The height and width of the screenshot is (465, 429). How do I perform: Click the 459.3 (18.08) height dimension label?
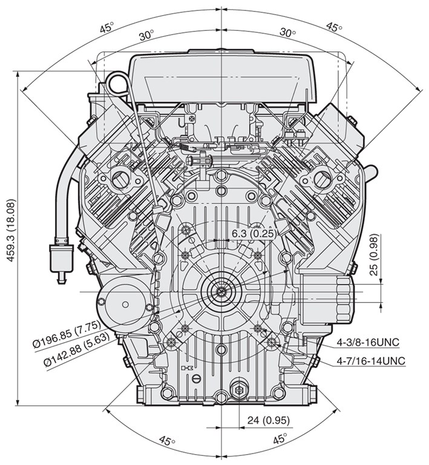(11, 230)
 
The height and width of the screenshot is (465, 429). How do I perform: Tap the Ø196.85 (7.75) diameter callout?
(67, 334)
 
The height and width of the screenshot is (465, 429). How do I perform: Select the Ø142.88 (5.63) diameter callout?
(76, 349)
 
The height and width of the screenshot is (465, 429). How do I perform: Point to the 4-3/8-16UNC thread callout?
(368, 342)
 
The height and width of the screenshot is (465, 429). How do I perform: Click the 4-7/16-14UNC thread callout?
(371, 361)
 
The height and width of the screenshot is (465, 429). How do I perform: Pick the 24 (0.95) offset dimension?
(269, 420)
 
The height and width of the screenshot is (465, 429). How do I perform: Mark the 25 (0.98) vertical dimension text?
(375, 255)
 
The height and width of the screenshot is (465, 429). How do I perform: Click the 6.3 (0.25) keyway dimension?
(254, 233)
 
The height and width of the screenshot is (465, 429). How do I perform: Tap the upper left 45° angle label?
(106, 28)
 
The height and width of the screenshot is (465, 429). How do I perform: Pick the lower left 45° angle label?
(167, 440)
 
